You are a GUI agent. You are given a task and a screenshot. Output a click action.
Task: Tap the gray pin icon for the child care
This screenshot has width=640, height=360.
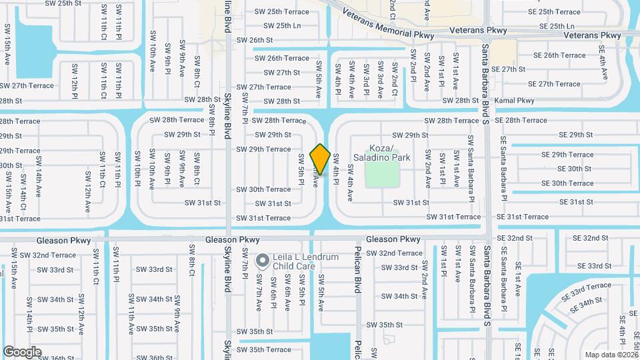coord(263,260)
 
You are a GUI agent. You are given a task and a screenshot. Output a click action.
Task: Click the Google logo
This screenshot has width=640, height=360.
coord(22,351)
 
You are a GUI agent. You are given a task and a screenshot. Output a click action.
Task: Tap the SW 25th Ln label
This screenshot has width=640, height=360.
coord(282,26)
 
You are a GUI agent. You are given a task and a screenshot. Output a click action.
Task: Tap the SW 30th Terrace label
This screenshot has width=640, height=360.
coord(263,189)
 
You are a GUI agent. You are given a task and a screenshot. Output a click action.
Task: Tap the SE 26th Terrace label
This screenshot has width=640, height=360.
coord(555,55)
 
